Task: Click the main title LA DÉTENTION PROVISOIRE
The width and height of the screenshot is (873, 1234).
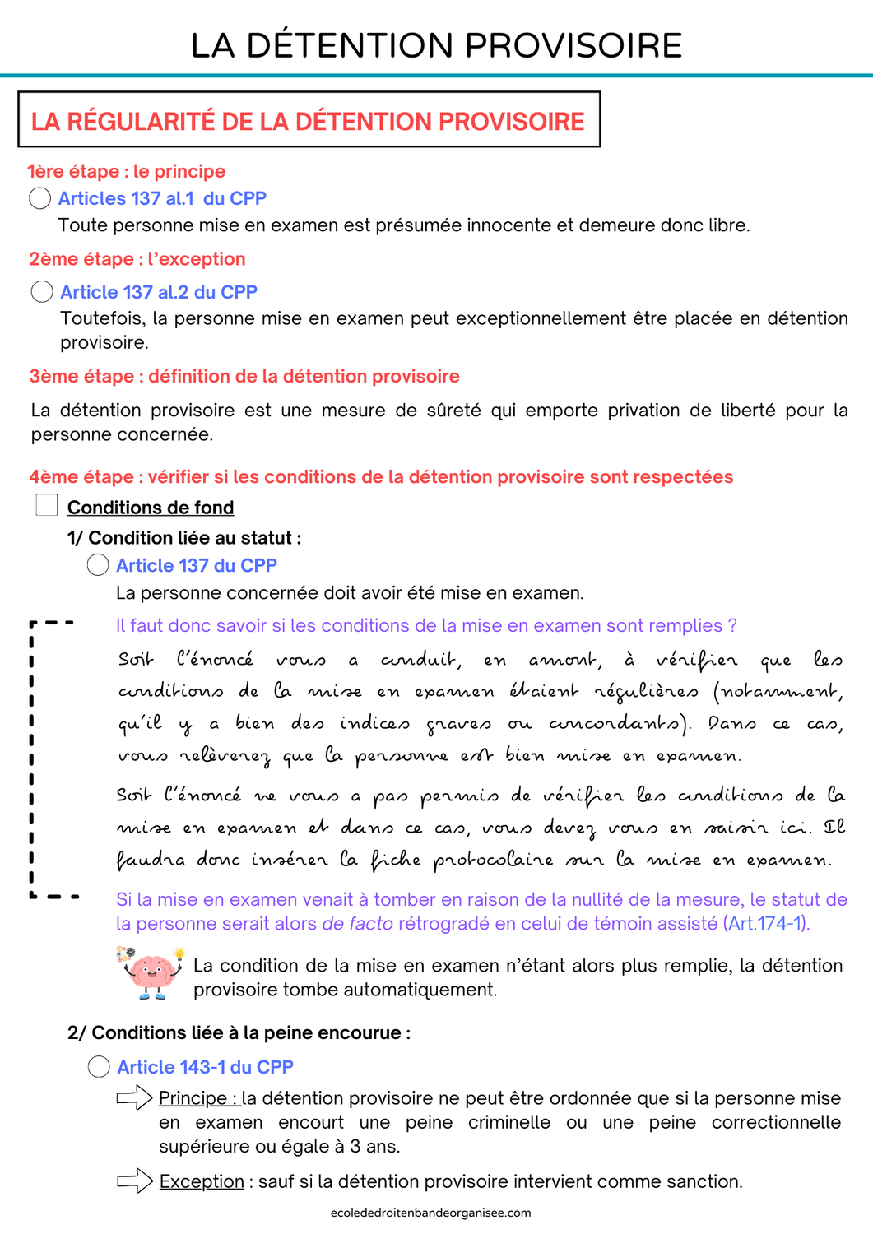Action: pyautogui.click(x=436, y=46)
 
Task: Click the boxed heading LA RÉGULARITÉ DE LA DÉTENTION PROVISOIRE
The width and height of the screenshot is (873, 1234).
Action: pyautogui.click(x=308, y=121)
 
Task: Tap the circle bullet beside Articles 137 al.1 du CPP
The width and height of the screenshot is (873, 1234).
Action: pyautogui.click(x=39, y=198)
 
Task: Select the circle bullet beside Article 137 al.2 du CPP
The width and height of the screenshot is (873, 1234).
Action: pyautogui.click(x=42, y=292)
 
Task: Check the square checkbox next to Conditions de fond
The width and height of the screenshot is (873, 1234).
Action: pyautogui.click(x=47, y=505)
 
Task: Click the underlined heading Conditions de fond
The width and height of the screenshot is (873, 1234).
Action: pyautogui.click(x=151, y=508)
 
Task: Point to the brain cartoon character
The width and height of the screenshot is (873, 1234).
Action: pyautogui.click(x=152, y=973)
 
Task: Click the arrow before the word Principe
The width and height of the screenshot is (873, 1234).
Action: pyautogui.click(x=134, y=1097)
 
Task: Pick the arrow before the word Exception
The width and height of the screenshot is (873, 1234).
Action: pyautogui.click(x=135, y=1181)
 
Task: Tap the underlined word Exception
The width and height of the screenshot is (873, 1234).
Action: pyautogui.click(x=202, y=1181)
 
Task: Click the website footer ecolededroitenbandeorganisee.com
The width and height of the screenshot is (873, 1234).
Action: pyautogui.click(x=430, y=1213)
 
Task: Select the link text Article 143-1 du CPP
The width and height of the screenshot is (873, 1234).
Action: pyautogui.click(x=205, y=1067)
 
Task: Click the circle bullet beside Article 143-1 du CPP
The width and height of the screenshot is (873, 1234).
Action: pyautogui.click(x=99, y=1067)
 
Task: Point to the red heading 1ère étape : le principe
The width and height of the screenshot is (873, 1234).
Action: pyautogui.click(x=126, y=171)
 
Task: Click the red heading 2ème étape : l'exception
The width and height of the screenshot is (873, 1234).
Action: pyautogui.click(x=137, y=259)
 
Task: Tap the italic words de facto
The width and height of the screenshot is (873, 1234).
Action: pyautogui.click(x=357, y=924)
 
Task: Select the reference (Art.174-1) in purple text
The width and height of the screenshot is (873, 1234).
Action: pyautogui.click(x=767, y=924)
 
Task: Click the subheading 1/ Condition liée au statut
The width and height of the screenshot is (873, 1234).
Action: pyautogui.click(x=183, y=538)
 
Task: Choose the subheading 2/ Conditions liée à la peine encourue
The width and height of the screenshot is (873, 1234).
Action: pyautogui.click(x=239, y=1032)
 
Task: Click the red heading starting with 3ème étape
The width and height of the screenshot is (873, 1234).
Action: pyautogui.click(x=244, y=376)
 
